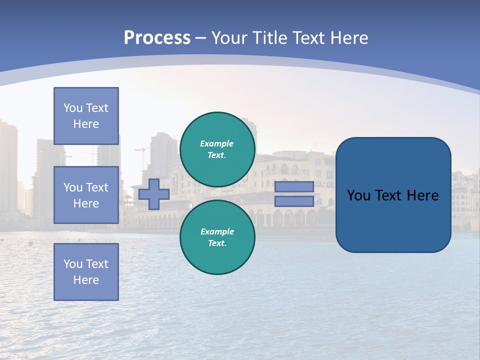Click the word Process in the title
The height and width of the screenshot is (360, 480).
pos(157,38)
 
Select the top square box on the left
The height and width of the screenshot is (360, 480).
pos(86,116)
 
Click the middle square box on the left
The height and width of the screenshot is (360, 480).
pos(86,195)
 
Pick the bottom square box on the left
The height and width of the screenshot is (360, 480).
pos(86,271)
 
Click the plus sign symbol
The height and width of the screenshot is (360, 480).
pos(154,194)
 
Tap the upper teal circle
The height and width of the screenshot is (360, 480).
pos(217,149)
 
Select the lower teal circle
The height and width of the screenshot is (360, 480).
pos(217,237)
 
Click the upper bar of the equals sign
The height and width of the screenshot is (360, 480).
pos(294,187)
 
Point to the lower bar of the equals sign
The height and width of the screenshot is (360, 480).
pos(294,201)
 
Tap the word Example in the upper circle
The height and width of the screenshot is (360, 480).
pos(217,143)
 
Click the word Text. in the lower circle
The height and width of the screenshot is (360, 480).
pos(217,243)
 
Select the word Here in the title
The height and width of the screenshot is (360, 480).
pos(349,38)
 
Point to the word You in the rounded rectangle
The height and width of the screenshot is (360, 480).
pos(358,195)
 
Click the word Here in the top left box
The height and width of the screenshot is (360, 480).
pos(86,124)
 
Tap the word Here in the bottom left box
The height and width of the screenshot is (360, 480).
pos(86,280)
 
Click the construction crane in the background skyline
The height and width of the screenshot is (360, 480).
pos(142,155)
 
